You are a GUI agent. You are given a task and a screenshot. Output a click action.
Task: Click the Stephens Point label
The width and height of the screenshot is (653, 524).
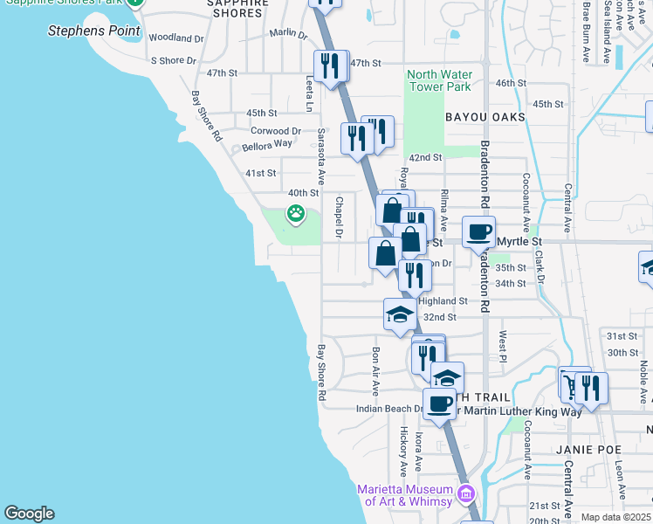coord(93,31)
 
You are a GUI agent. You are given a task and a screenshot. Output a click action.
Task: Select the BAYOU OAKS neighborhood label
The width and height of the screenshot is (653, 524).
coord(485,116)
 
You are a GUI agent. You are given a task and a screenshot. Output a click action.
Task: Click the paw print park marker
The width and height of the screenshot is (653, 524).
coord(297,212)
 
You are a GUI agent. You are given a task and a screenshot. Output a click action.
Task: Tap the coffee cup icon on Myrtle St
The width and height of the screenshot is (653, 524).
coord(478,232)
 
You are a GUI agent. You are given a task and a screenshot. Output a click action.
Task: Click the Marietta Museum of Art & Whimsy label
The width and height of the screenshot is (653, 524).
coord(405,494)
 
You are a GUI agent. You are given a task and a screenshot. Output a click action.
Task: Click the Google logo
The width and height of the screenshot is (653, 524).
coord(29,514)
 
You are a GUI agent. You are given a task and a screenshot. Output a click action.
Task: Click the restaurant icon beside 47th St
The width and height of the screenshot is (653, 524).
coord(330,66)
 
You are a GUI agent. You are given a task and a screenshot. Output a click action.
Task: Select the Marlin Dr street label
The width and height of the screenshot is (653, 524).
coord(288,34)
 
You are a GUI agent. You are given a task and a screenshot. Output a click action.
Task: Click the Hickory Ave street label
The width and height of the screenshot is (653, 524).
coord(403,445)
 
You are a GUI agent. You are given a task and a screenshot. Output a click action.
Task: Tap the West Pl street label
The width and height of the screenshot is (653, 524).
coord(503,341)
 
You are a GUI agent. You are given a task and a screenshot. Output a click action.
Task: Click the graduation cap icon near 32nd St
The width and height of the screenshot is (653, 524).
coord(399,314)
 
